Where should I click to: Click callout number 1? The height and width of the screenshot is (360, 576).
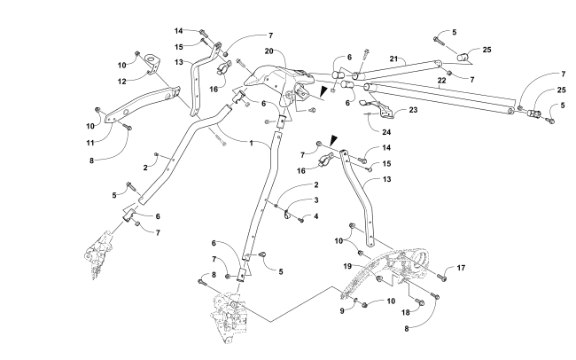[x=251, y=142]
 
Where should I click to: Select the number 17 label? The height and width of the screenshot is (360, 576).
[x=461, y=268]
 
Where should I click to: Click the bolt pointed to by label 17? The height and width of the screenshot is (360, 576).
[x=440, y=278]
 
